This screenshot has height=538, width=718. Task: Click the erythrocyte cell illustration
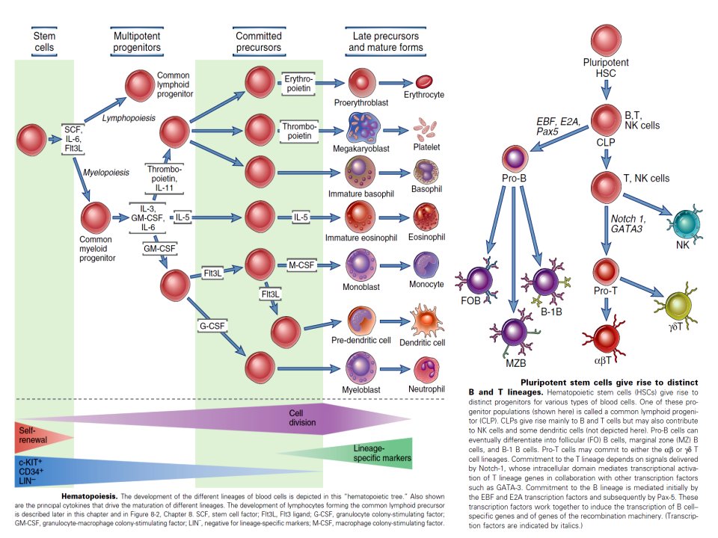coord(424,82)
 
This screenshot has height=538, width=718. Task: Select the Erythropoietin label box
coord(298,83)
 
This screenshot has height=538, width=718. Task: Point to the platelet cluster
coord(426,129)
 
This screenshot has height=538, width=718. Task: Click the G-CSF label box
coord(212,326)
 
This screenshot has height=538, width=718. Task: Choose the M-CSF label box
coord(301,265)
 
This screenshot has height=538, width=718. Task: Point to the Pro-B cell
coord(515,158)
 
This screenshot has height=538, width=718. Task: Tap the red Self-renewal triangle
coord(44,437)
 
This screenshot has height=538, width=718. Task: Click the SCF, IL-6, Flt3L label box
coord(73,139)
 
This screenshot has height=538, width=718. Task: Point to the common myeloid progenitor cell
coord(96,217)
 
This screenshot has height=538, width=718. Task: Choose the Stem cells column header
coord(44,42)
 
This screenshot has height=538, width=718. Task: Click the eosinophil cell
coord(426,217)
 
